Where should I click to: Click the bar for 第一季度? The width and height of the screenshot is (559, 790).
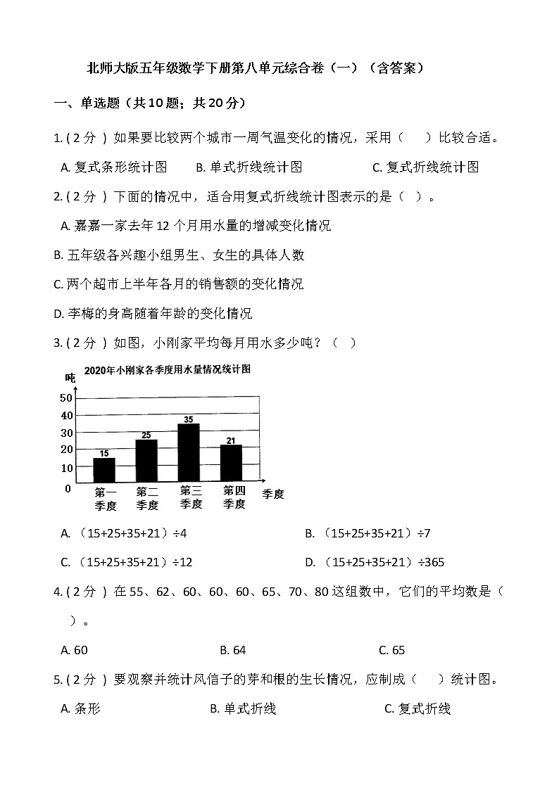(x=104, y=470)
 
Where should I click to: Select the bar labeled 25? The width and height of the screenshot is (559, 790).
(x=146, y=461)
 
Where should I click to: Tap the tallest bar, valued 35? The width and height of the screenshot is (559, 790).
(x=189, y=452)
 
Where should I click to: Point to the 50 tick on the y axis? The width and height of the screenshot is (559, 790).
(x=66, y=398)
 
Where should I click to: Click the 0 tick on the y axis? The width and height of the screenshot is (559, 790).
(x=68, y=488)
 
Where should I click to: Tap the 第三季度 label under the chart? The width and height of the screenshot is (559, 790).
(x=191, y=497)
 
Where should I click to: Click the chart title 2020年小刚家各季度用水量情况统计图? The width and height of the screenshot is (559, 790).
(x=168, y=369)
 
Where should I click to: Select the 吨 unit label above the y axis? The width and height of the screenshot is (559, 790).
(x=70, y=378)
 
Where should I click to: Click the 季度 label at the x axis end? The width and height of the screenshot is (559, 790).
(x=273, y=494)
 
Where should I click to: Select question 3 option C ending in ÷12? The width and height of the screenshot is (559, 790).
(x=127, y=562)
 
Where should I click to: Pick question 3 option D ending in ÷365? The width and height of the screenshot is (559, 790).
(x=375, y=562)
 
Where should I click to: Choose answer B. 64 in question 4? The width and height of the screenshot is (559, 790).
(x=233, y=650)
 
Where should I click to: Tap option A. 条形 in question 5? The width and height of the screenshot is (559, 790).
(x=81, y=709)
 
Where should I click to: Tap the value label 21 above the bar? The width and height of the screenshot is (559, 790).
(x=231, y=440)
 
